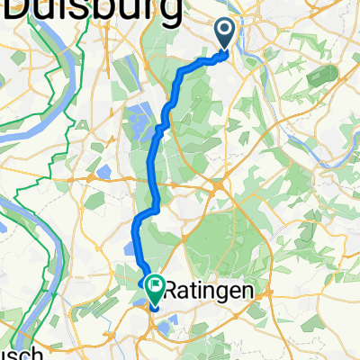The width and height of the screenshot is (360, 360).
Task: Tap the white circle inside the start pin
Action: (225, 31)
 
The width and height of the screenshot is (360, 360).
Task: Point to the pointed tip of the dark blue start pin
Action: (225, 53)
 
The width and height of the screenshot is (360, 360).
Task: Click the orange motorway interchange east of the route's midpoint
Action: (219, 186)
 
